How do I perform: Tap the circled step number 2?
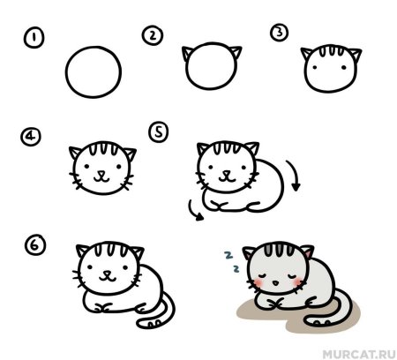[x=153, y=34]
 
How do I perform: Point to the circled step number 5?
[x=160, y=132]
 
